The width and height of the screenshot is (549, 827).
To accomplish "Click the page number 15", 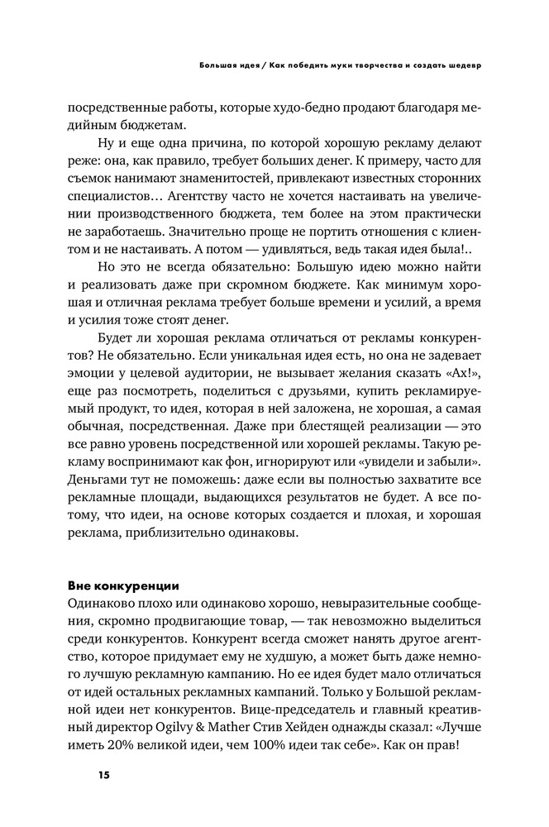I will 103,775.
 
